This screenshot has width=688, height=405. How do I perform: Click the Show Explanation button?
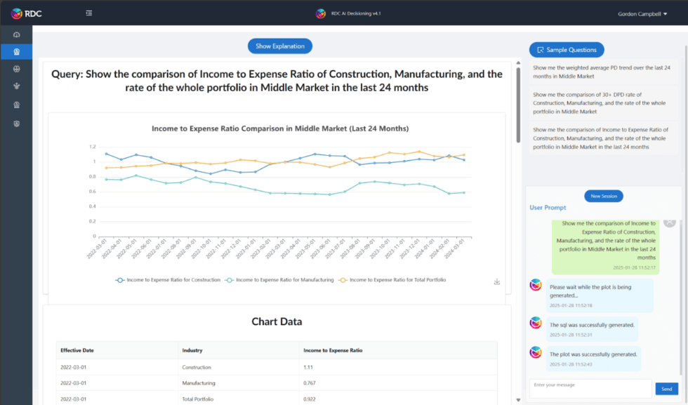[279, 46]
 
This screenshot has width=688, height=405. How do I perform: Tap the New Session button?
[603, 197]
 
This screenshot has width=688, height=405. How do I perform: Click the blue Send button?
[666, 388]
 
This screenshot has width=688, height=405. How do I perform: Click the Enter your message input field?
[590, 388]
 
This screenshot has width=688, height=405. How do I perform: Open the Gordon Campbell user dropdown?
[642, 13]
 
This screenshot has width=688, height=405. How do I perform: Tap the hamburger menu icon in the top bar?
[89, 13]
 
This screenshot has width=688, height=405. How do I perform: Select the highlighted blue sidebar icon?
[16, 51]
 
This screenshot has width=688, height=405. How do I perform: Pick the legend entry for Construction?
[168, 280]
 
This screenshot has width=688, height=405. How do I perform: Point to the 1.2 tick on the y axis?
[91, 147]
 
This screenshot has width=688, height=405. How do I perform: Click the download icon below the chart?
[497, 281]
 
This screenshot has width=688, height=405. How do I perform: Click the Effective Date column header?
[77, 350]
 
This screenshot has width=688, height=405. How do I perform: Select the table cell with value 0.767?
[310, 383]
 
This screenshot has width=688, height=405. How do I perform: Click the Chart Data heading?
[277, 322]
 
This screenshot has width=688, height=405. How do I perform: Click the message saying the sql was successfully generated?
[592, 325]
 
